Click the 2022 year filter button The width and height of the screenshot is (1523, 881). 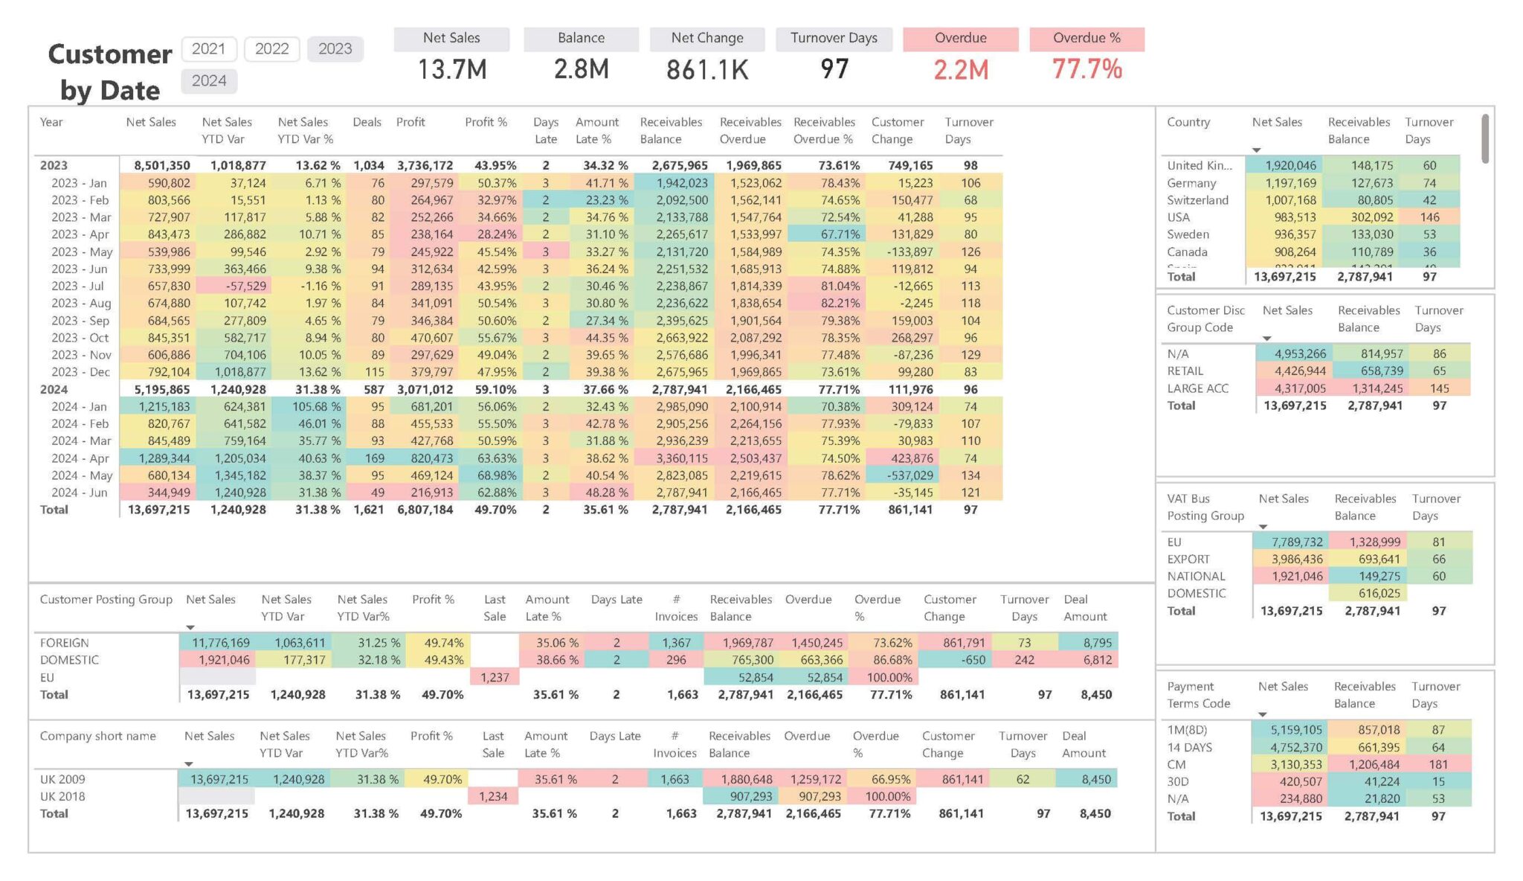(271, 49)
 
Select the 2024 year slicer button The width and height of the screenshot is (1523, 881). (209, 81)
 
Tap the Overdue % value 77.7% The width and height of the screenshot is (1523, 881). (1086, 70)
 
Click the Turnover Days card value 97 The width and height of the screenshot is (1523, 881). (834, 70)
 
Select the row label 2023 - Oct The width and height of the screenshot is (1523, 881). (80, 338)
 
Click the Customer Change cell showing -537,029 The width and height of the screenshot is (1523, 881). (909, 475)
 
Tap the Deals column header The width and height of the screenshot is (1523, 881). (367, 122)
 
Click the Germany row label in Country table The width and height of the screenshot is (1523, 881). (1191, 183)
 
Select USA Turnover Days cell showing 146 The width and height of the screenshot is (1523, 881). (1429, 217)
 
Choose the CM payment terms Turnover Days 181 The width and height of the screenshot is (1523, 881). (1437, 764)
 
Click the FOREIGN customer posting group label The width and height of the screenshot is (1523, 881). (65, 643)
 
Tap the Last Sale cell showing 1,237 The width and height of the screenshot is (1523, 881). (495, 677)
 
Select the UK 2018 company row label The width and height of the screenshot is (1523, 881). (62, 796)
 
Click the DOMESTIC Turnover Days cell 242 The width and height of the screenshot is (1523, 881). (1024, 660)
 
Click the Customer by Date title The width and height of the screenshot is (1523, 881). (110, 71)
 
